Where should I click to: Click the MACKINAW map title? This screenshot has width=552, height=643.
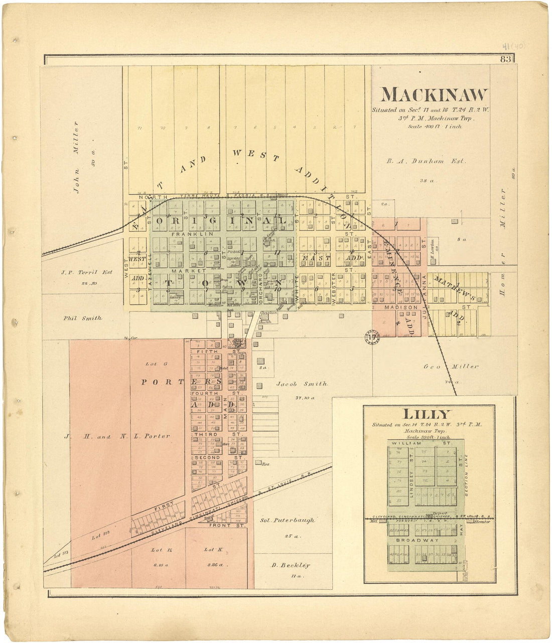(x=434, y=95)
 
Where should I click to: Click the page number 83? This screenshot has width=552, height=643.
(x=505, y=60)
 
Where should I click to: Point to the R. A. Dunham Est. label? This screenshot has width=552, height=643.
(x=426, y=161)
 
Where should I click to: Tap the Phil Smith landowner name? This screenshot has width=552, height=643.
(x=83, y=318)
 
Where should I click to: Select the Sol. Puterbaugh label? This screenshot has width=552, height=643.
(x=288, y=520)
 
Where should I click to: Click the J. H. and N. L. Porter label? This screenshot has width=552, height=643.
(x=117, y=437)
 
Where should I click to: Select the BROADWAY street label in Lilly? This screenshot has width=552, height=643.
(x=410, y=541)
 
